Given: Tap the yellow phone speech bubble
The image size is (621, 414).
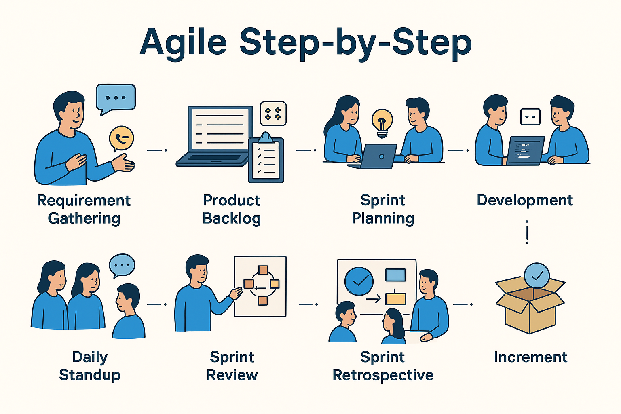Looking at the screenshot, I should point(121,138).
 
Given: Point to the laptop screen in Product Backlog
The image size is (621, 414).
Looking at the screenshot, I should point(220,128).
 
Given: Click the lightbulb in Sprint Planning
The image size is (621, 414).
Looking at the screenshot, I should point(382,122).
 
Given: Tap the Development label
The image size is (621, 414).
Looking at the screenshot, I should point(525,200).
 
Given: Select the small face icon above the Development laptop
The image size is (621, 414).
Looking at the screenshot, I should point(530,116).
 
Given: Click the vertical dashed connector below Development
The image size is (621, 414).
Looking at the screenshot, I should point(527,233).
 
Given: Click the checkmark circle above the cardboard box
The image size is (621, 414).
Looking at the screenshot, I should point(537,276).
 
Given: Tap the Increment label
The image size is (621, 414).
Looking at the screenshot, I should point(530,357).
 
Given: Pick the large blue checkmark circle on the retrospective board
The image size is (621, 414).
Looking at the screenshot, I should point(359,281).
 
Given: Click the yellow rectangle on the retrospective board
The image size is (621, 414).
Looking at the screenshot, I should point(395,299).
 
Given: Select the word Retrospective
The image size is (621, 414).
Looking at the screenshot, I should point(383,375).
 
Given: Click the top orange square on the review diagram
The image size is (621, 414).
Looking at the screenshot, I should point(263,270).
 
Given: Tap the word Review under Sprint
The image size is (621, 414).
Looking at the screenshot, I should point(232,375).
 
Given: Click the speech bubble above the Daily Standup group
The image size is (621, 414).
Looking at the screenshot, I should point(122,265).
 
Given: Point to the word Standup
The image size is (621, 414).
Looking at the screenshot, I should point(90,375).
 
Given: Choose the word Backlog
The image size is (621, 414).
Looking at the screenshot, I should point(232,218).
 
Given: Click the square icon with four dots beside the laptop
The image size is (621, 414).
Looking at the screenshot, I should point(273,114).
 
